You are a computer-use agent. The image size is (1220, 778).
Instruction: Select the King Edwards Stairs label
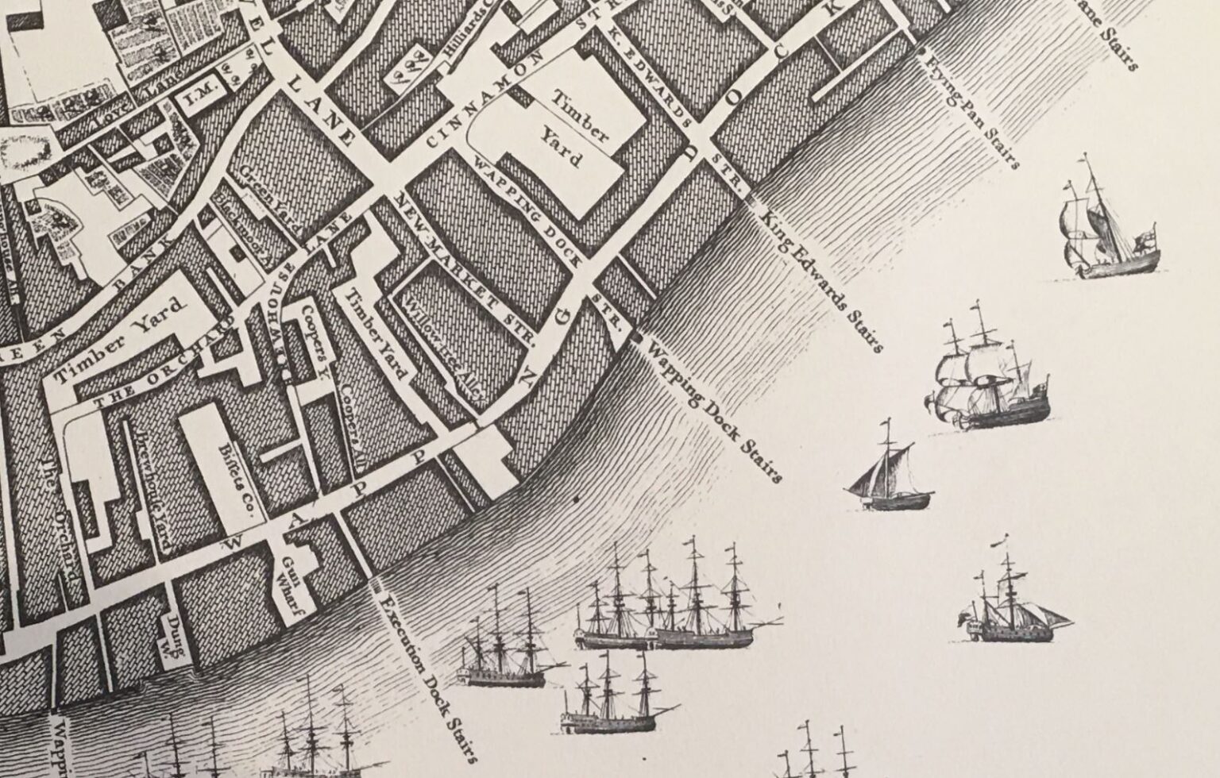(822, 278)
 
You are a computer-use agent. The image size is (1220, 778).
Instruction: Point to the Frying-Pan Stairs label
(974, 116)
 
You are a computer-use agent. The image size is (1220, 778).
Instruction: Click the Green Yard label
(270, 198)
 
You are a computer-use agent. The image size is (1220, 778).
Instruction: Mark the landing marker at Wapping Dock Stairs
(636, 338)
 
